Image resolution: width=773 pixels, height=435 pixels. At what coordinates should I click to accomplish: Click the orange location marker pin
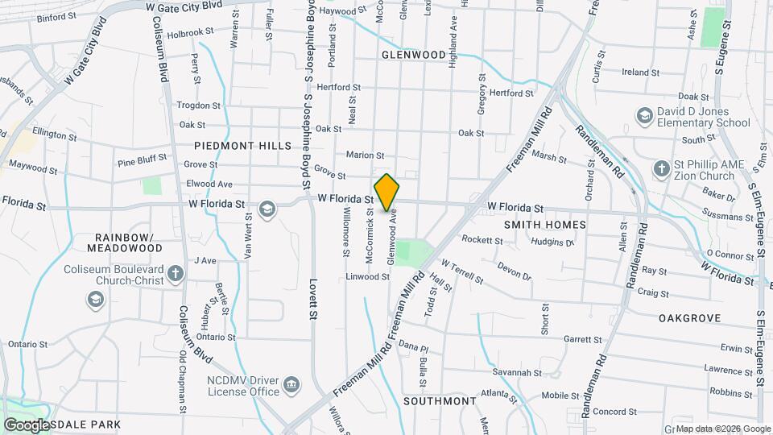[386, 192]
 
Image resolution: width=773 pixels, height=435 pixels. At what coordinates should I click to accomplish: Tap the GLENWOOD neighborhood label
[413, 55]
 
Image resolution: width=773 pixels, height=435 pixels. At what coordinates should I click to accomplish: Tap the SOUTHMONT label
[440, 400]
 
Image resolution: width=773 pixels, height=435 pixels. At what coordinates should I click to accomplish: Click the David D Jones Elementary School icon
[644, 117]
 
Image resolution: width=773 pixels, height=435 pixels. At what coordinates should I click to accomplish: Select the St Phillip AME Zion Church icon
[661, 169]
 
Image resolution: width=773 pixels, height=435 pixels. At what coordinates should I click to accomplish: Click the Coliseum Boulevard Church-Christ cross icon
[175, 278]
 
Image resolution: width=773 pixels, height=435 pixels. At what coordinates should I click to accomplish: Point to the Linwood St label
[367, 276]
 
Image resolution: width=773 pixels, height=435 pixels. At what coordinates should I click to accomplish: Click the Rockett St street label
[482, 239]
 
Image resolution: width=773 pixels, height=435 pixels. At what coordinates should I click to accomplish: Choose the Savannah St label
[517, 372]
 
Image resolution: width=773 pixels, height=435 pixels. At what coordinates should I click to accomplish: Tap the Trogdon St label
[198, 106]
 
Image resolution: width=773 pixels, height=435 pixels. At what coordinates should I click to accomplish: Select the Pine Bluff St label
[143, 161]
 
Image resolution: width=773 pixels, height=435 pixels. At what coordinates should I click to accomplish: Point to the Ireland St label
[641, 72]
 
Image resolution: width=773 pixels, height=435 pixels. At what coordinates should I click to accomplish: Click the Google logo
[27, 425]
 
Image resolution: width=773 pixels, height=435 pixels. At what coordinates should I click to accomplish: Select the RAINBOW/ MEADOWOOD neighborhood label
[129, 242]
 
